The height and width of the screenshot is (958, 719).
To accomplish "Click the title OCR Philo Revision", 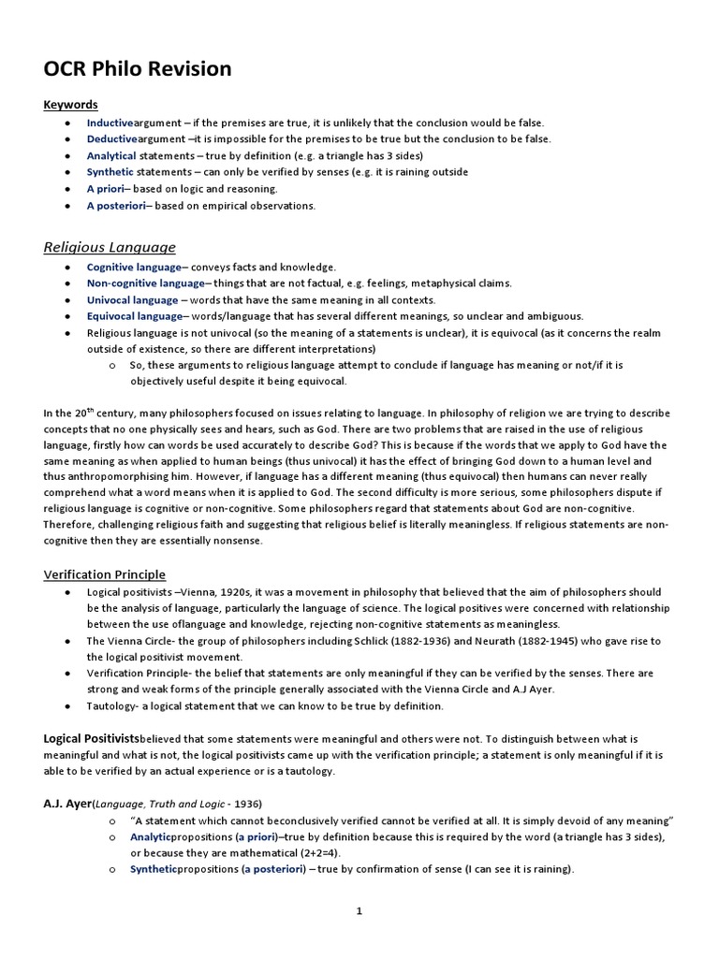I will tap(138, 70).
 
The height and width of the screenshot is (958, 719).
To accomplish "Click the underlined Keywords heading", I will tap(70, 105).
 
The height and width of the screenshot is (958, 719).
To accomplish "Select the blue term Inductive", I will tap(110, 123).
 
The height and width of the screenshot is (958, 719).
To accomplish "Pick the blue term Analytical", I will tap(111, 155).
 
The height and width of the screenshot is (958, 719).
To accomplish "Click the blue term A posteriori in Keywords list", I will tap(116, 205).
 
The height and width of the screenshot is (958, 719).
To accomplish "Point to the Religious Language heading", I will tap(110, 247).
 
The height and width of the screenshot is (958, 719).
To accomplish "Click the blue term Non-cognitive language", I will tap(145, 283).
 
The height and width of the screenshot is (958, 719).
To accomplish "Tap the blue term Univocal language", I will tap(132, 299).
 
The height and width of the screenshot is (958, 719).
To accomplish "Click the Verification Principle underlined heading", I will tap(105, 573).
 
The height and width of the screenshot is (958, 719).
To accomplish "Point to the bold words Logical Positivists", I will tap(92, 738).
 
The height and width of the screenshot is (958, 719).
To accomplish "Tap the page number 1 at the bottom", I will tap(359, 910).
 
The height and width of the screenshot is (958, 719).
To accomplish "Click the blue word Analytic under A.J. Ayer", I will tap(150, 837).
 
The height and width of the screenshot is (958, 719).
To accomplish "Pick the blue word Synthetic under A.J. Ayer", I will tap(153, 869).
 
